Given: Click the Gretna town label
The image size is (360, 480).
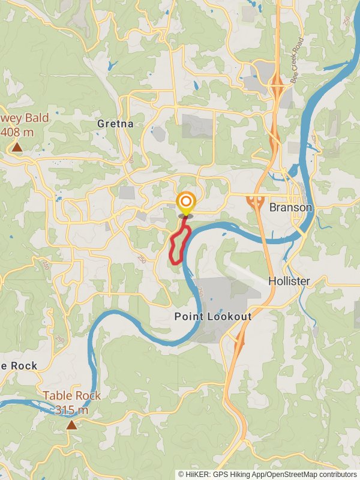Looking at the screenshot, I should pos(115,124).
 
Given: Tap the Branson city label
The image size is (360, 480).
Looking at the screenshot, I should pos(291,208).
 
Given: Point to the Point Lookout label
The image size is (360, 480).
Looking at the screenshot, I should pos(213,316).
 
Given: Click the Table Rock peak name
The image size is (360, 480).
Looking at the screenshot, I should pos(71,396).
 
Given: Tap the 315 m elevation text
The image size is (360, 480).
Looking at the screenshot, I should pos(71,410).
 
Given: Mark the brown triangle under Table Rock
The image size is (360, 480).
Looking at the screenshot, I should pos(71,425).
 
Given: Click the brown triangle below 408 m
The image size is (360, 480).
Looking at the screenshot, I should pos(17,146).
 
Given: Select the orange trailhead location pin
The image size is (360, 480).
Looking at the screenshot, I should pos(186,202).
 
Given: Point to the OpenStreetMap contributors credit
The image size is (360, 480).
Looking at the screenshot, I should pos(305,474).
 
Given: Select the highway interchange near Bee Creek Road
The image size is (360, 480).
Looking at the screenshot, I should pos(277,88).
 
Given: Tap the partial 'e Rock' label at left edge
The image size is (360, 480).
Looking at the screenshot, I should pos(18,365).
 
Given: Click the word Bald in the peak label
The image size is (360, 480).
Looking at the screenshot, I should pos(35,118).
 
